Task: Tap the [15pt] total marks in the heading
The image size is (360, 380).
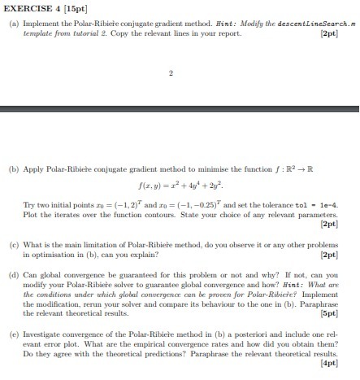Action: (x=82, y=7)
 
